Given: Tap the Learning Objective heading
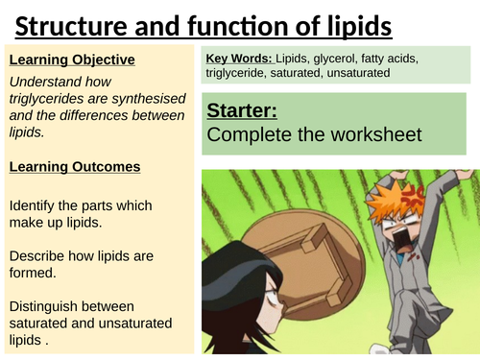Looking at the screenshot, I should (71, 60).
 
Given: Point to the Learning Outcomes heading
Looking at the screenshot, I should (74, 167).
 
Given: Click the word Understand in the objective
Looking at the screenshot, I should (47, 82).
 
